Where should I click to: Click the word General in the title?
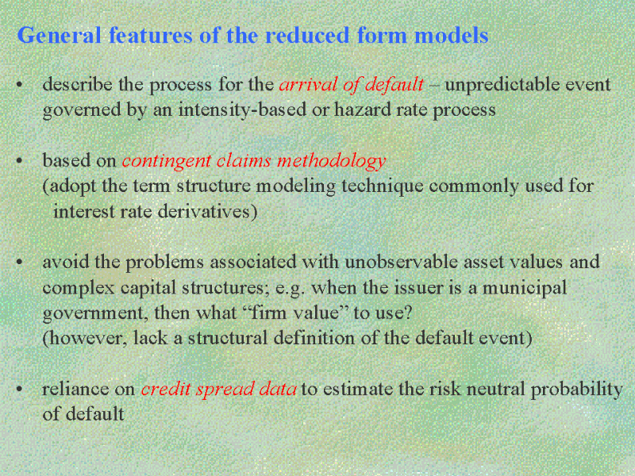pyautogui.click(x=59, y=35)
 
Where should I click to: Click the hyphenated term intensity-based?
pyautogui.click(x=242, y=110)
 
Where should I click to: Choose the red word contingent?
pyautogui.click(x=167, y=162)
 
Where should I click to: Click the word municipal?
pyautogui.click(x=525, y=289)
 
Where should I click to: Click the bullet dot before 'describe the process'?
pyautogui.click(x=19, y=85)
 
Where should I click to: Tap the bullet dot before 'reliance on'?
pyautogui.click(x=19, y=390)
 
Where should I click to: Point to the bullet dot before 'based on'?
pyautogui.click(x=19, y=161)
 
